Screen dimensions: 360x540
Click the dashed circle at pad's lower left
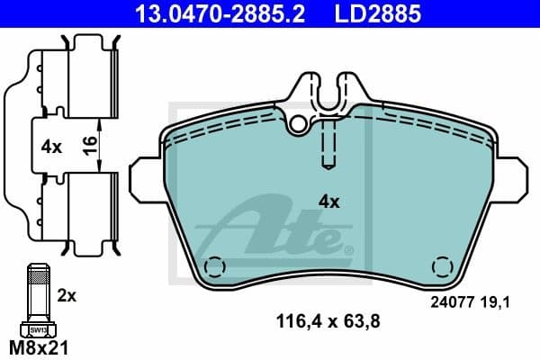click(214, 267)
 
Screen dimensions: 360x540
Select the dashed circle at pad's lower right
click(442, 267)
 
